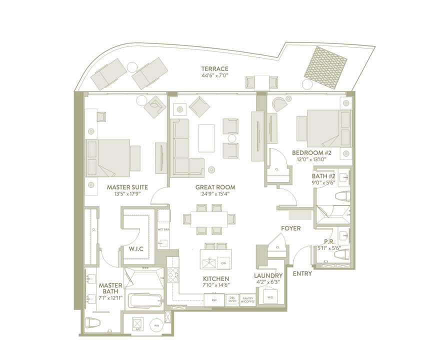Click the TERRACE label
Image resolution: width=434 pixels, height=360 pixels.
pyautogui.click(x=215, y=68)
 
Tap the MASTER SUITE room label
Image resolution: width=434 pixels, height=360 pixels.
pyautogui.click(x=126, y=187)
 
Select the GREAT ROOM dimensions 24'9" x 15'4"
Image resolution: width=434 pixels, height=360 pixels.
pyautogui.click(x=215, y=194)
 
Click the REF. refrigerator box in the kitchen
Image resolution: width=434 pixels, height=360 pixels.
pyautogui.click(x=214, y=300)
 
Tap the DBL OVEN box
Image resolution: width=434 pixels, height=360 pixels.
pyautogui.click(x=232, y=300)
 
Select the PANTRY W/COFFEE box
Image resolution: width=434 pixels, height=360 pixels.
pyautogui.click(x=247, y=300)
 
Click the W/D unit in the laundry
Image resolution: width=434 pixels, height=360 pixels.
pyautogui.click(x=270, y=297)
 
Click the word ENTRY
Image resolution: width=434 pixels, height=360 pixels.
pyautogui.click(x=302, y=273)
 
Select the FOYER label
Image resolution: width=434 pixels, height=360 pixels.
pyautogui.click(x=290, y=228)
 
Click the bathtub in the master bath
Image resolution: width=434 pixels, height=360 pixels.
pyautogui.click(x=144, y=300)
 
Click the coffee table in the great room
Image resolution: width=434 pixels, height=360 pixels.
pyautogui.click(x=206, y=137)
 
